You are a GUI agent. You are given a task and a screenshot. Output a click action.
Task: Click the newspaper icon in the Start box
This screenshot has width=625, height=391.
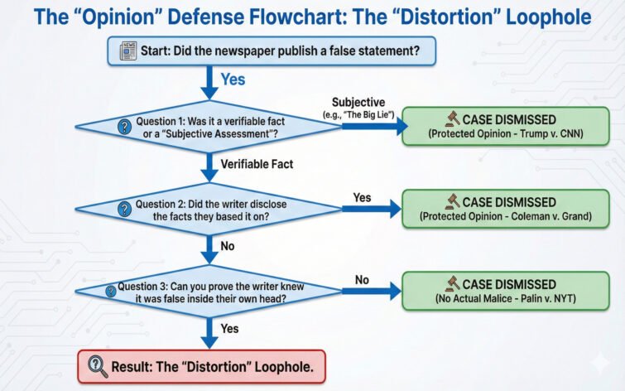[x=127, y=51]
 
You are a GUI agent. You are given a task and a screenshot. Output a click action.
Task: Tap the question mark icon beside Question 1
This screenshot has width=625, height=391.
[x=125, y=127]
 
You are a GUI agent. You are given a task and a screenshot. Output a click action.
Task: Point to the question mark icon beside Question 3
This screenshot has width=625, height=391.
[x=109, y=291]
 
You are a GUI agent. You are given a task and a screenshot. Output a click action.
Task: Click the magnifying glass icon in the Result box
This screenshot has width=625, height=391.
[x=97, y=365]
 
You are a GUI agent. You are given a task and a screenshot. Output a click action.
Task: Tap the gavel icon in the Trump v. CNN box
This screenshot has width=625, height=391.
[x=452, y=118]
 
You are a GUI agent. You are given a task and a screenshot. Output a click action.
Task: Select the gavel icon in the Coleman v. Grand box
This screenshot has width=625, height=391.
[x=452, y=201]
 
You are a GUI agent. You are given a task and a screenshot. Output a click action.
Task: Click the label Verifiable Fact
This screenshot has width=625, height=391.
[x=257, y=164]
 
